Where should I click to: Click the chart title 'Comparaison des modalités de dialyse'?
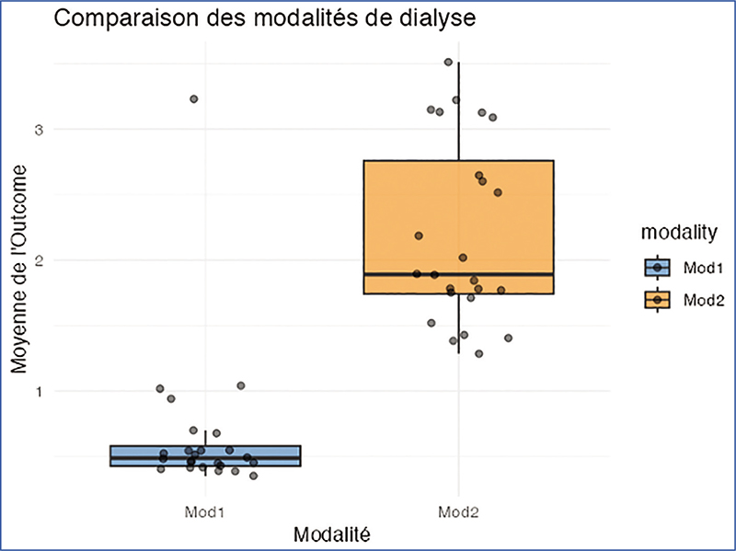pos(264,18)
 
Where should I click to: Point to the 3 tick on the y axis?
pos(39,129)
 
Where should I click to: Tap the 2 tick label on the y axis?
pos(39,260)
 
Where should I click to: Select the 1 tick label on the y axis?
pos(39,392)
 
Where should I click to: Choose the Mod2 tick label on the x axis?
pos(458,510)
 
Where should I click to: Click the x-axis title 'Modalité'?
pos(331,533)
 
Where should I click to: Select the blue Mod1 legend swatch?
pos(658,268)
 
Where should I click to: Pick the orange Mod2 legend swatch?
pos(658,300)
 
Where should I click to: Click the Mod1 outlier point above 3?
pos(193,98)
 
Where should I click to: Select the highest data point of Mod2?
pos(448,63)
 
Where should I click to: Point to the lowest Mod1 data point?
pos(254,476)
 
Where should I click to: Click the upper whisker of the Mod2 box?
pos(458,110)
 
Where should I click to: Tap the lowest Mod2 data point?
pos(478,354)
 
